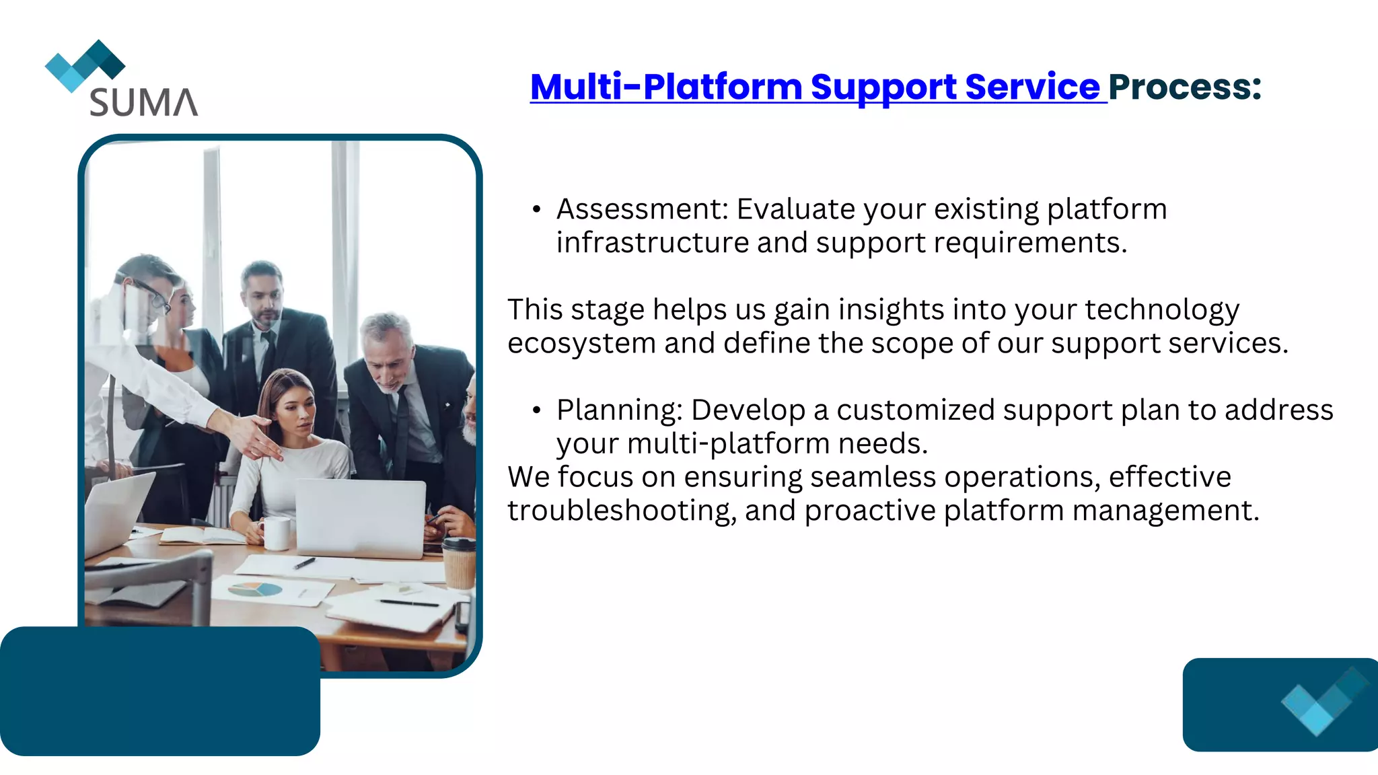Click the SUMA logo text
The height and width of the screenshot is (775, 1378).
click(x=143, y=102)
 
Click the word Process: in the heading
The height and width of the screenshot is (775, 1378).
click(x=1184, y=87)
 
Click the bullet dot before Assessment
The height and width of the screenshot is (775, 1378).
click(x=536, y=210)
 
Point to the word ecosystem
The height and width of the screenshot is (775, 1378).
click(x=581, y=344)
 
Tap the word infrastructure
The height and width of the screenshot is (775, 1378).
click(x=652, y=243)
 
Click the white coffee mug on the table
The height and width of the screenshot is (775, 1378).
click(x=276, y=533)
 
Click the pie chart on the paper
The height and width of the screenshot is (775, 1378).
click(x=255, y=590)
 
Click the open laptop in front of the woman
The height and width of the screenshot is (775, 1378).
click(x=361, y=517)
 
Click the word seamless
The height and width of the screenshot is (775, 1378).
click(x=873, y=477)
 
